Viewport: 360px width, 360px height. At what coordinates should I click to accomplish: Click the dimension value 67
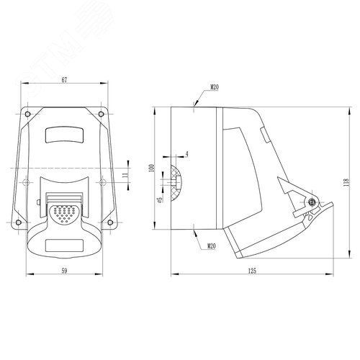(x=64, y=80)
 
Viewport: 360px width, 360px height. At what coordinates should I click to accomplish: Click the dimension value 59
(x=64, y=271)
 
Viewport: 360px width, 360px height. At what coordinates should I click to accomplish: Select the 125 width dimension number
(x=252, y=271)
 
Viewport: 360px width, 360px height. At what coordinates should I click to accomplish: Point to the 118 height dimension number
(x=346, y=182)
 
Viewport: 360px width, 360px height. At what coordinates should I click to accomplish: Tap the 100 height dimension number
(x=151, y=168)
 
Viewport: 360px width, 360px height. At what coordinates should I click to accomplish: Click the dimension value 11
(x=125, y=175)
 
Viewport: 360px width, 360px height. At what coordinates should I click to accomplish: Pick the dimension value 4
(x=187, y=154)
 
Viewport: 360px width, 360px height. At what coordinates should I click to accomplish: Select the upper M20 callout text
(x=215, y=87)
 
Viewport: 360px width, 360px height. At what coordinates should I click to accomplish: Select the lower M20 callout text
(x=212, y=246)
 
